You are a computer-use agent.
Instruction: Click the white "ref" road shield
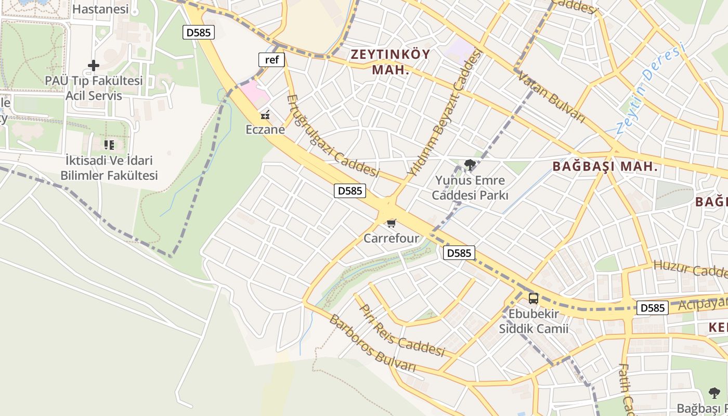point(271,60)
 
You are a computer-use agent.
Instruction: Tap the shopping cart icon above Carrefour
point(392,223)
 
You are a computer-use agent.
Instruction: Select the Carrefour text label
point(391,239)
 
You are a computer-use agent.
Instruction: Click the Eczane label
point(265,129)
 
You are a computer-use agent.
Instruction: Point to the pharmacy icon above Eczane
point(265,115)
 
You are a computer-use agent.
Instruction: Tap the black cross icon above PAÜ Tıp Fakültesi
point(94,66)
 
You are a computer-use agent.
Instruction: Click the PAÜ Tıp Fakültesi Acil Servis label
point(94,88)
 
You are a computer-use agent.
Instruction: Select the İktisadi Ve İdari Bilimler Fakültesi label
point(109,168)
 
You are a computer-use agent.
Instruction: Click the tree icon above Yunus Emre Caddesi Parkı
point(470,165)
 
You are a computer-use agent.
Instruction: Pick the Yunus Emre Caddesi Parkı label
point(470,188)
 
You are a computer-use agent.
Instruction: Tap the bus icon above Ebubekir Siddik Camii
point(534,298)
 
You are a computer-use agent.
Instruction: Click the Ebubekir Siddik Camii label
point(534,321)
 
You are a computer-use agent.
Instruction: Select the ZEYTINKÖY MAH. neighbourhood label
point(391,62)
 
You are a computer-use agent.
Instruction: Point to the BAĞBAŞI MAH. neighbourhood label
point(605,167)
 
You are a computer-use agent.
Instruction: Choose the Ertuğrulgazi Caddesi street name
point(333,136)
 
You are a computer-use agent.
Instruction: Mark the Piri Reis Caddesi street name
point(403,331)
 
